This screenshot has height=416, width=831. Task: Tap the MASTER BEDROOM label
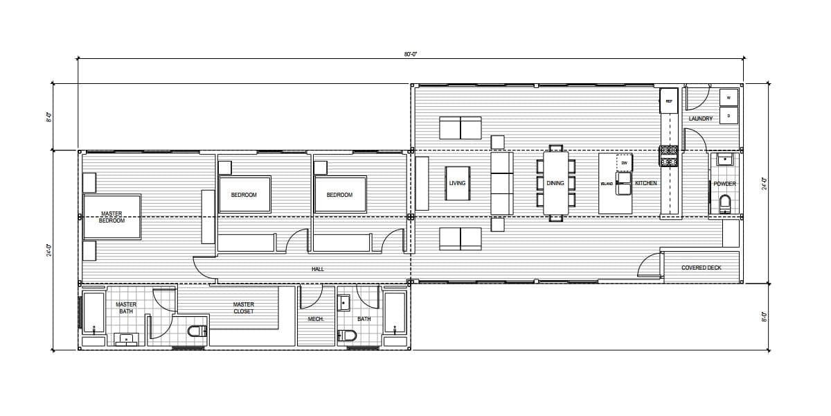pyautogui.click(x=111, y=217)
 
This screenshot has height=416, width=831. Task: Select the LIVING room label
pyautogui.click(x=457, y=184)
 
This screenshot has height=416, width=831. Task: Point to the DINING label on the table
pyautogui.click(x=555, y=184)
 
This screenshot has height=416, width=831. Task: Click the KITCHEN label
pyautogui.click(x=646, y=184)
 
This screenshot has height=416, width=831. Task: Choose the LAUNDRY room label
pyautogui.click(x=701, y=119)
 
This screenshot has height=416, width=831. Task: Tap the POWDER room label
pyautogui.click(x=724, y=184)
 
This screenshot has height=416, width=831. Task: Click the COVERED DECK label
pyautogui.click(x=702, y=268)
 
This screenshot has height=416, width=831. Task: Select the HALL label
pyautogui.click(x=318, y=269)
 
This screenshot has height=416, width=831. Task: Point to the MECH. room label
pyautogui.click(x=316, y=319)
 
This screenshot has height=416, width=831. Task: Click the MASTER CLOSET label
pyautogui.click(x=244, y=308)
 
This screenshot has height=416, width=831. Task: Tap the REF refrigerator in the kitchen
pyautogui.click(x=669, y=101)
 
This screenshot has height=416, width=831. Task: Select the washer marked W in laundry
pyautogui.click(x=729, y=98)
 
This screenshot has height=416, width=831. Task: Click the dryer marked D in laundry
pyautogui.click(x=729, y=115)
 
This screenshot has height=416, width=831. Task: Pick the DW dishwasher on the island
pyautogui.click(x=624, y=163)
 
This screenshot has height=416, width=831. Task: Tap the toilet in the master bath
pyautogui.click(x=197, y=331)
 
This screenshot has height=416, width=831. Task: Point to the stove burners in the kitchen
pyautogui.click(x=669, y=156)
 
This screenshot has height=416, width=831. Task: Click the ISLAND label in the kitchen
pyautogui.click(x=607, y=184)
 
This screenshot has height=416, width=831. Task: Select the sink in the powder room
pyautogui.click(x=724, y=160)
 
